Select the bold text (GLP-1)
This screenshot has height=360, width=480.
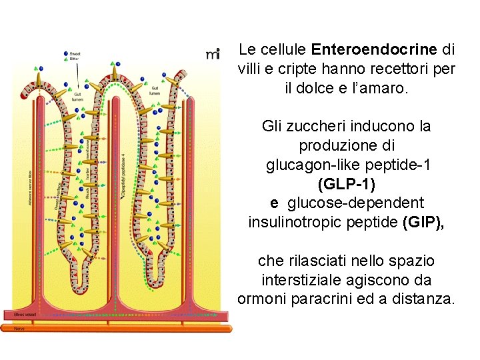tap(347, 183)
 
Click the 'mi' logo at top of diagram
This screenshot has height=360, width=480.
tap(213, 54)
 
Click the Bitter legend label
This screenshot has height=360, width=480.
tap(75, 59)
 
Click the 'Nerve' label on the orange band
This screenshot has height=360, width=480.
tap(20, 328)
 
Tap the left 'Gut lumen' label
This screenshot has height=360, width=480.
tap(78, 97)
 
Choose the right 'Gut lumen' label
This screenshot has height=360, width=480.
tap(155, 90)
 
